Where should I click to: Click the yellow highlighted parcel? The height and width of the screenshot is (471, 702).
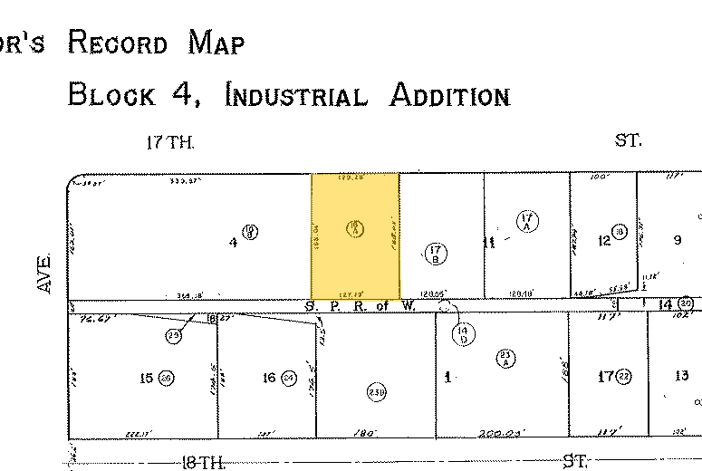coord(355,235)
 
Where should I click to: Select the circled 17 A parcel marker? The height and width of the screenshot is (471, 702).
coord(527,222)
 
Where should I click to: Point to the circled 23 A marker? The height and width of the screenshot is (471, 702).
coord(505,359)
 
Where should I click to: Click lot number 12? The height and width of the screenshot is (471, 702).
coord(603,241)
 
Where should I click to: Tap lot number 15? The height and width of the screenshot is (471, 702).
coord(147,378)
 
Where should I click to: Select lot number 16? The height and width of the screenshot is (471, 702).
coord(269,378)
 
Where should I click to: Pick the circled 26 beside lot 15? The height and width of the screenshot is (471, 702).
coord(167,378)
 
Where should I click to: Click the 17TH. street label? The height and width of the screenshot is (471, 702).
coord(170,142)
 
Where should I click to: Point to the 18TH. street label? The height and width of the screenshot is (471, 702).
coord(200,463)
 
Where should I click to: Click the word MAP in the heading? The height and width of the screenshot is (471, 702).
coord(217,43)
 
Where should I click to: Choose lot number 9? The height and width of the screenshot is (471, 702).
coord(677,240)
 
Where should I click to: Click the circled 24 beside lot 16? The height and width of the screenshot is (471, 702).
coord(289,378)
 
